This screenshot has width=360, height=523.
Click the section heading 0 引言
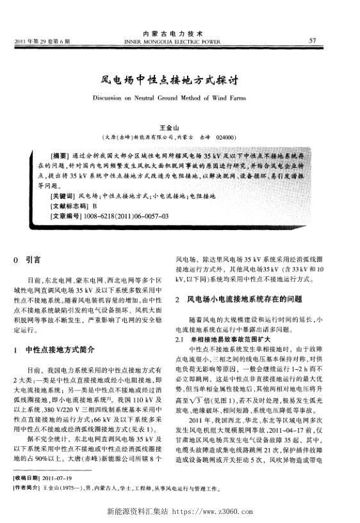tap(28, 260)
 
